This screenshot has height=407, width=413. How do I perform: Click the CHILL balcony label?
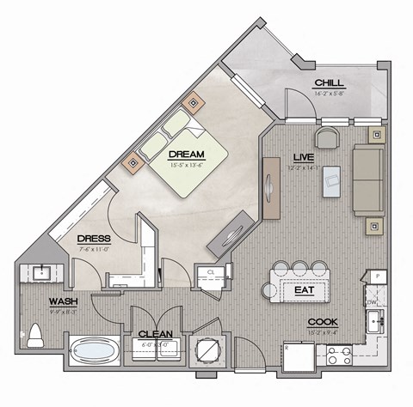[x=330, y=82]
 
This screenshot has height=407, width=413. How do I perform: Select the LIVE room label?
[x=302, y=158]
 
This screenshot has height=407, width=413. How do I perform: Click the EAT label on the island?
[x=303, y=291]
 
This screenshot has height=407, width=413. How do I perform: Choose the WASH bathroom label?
[x=65, y=301]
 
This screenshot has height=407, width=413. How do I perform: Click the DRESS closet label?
[x=92, y=239]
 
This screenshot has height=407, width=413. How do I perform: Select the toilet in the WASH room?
[x=36, y=335]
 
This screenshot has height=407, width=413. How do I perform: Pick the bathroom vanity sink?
[x=40, y=273]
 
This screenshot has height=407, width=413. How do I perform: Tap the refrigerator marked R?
[x=298, y=354]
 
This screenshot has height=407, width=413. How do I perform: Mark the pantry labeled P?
[x=377, y=276]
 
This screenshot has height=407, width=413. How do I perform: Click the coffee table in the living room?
[x=331, y=181]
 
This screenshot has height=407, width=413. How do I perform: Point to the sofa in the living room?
[x=368, y=180]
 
